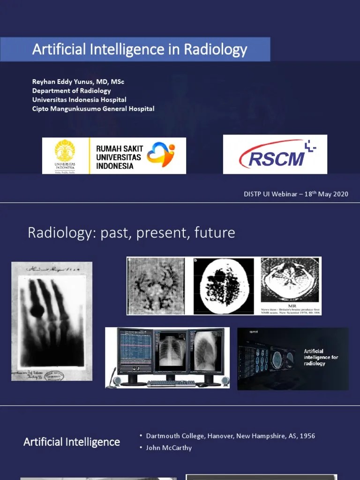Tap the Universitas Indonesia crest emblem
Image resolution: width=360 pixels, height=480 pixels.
click(x=65, y=151)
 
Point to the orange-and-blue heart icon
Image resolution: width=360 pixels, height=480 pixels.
click(x=160, y=155)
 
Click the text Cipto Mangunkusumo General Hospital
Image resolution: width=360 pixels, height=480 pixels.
click(x=93, y=108)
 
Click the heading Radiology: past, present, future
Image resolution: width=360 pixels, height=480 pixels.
click(x=131, y=232)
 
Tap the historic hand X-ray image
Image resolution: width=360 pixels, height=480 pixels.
click(x=52, y=321)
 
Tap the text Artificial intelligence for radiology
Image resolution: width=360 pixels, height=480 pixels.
click(x=321, y=357)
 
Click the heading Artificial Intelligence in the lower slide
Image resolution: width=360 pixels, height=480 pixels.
click(x=72, y=442)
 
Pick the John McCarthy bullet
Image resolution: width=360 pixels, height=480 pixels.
click(x=169, y=448)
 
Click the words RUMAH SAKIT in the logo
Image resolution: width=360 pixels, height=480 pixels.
click(x=120, y=149)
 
